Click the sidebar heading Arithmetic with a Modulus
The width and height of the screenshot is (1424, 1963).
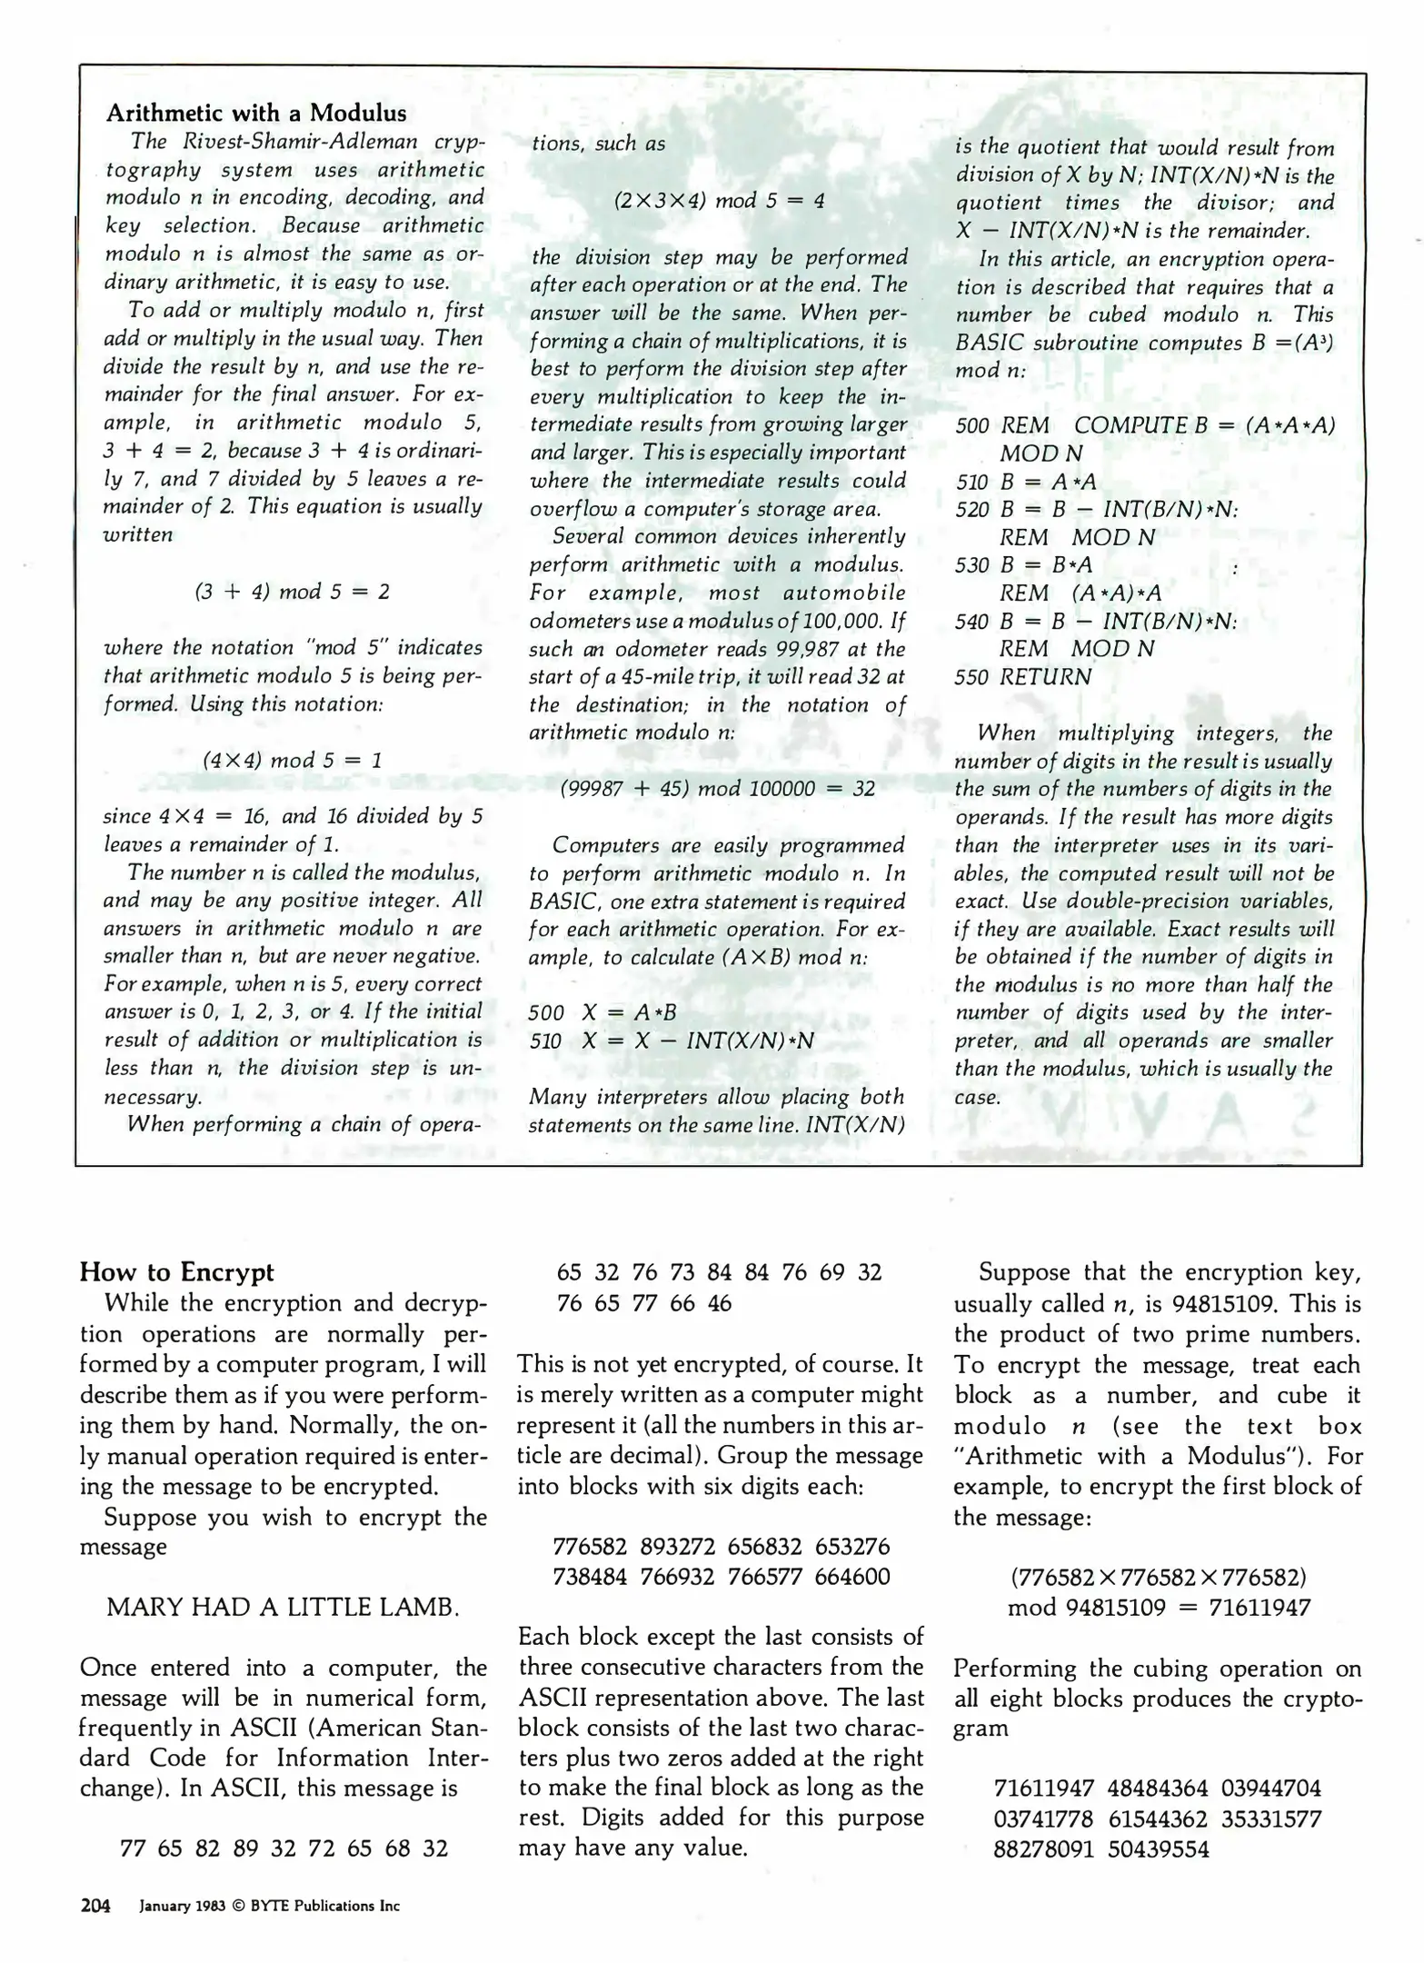[256, 114]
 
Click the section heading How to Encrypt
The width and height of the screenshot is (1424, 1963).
[176, 1271]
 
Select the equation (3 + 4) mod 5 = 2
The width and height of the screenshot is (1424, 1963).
[292, 592]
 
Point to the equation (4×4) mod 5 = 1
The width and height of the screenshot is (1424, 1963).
[292, 760]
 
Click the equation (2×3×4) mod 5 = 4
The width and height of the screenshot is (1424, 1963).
[719, 200]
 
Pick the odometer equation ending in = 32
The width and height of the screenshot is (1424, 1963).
[717, 789]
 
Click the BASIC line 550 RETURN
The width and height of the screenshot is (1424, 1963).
[1023, 677]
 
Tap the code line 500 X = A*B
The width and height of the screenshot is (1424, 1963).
[602, 1013]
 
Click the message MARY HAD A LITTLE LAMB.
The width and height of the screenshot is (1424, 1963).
[283, 1608]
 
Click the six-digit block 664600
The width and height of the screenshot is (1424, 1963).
[852, 1577]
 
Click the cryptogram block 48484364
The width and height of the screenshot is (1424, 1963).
[1158, 1789]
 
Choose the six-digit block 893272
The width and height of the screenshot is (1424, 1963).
[677, 1547]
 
